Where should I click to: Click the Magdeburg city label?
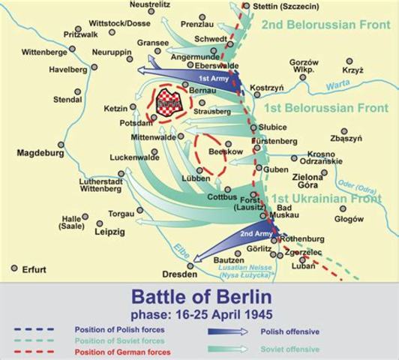coord(40,153)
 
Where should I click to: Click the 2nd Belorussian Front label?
coord(324,25)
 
